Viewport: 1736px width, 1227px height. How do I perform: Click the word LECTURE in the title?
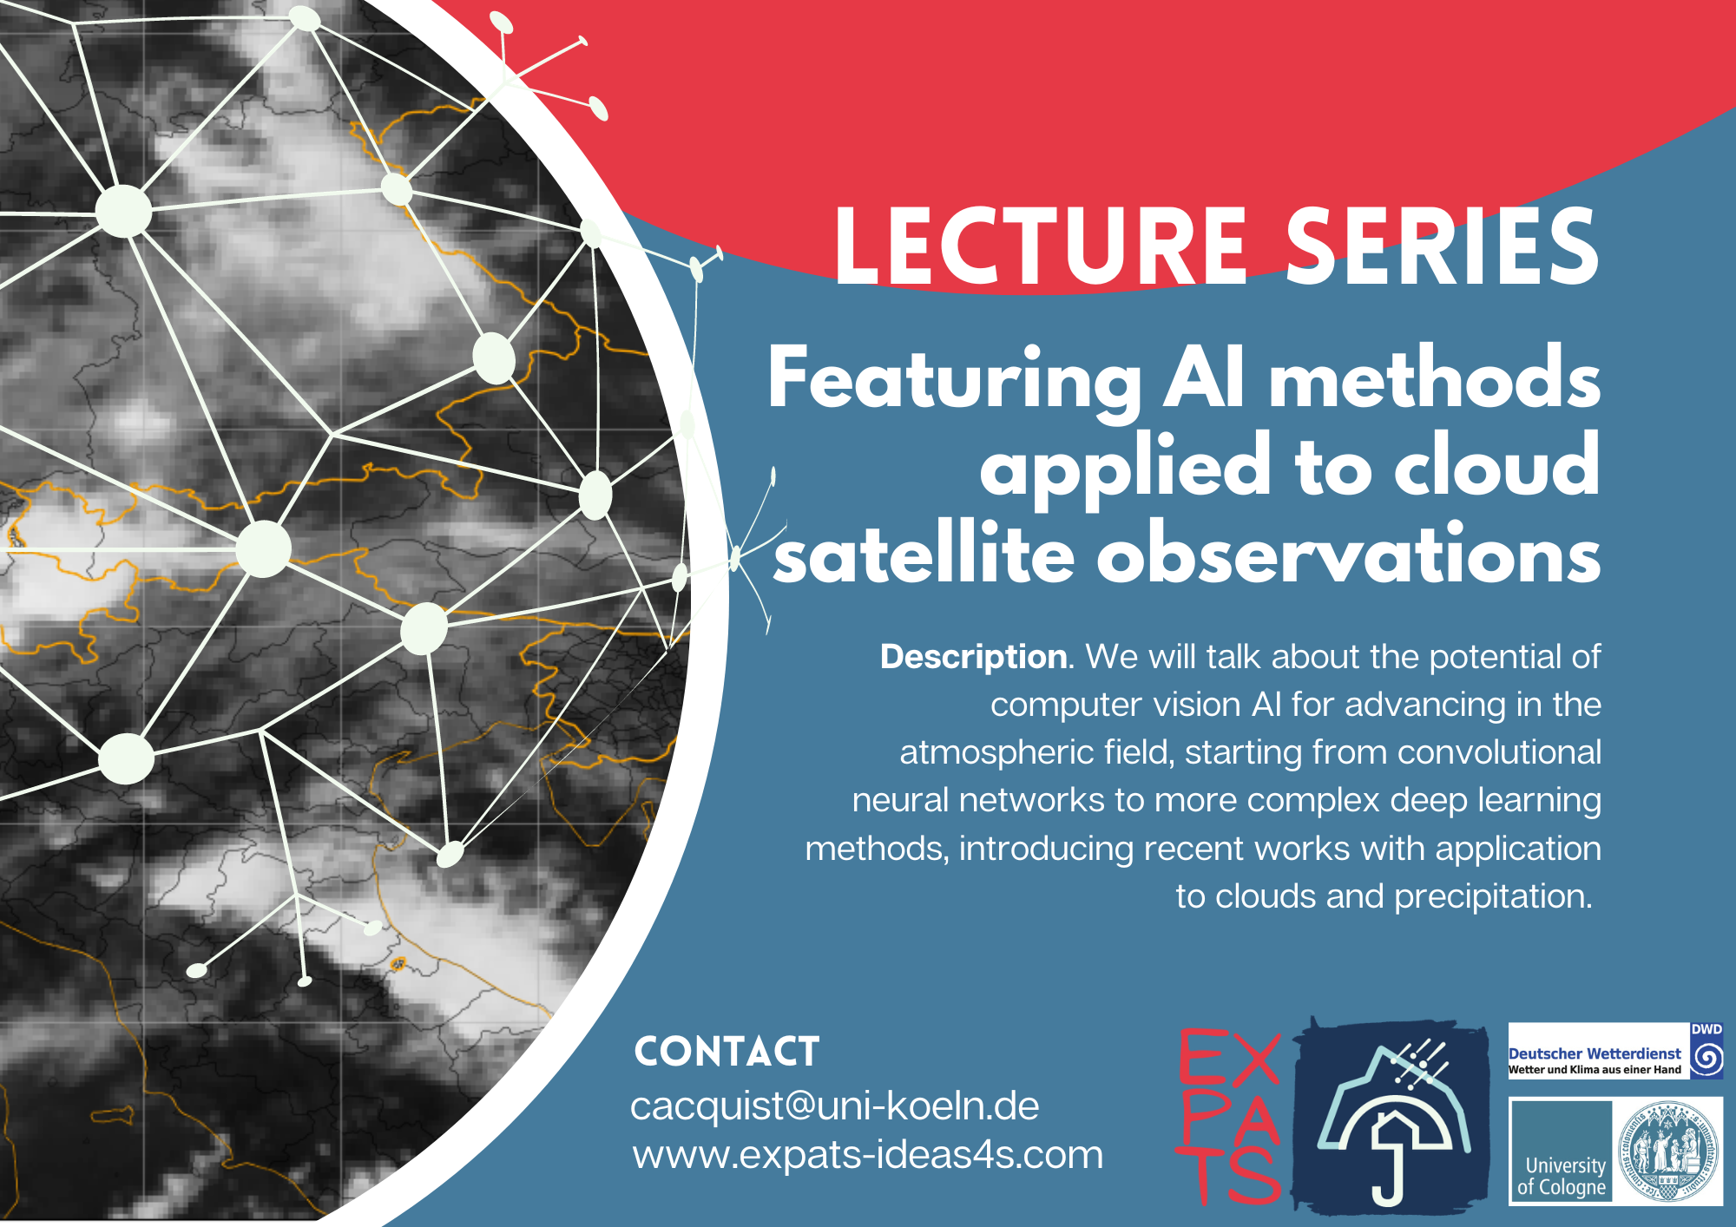(1041, 246)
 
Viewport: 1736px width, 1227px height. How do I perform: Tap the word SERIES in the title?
(1442, 246)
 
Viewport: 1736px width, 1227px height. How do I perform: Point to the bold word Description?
(974, 657)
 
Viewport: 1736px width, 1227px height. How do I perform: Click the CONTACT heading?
(727, 1052)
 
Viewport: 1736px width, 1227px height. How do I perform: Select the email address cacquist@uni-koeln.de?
(834, 1106)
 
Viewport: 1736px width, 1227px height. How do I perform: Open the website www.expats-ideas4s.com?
(867, 1155)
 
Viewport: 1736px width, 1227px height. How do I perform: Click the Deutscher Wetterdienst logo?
(1615, 1050)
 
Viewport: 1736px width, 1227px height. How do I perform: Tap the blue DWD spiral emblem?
(1707, 1058)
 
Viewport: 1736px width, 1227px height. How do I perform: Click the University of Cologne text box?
(1561, 1151)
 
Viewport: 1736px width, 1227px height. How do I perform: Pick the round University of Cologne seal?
(1667, 1152)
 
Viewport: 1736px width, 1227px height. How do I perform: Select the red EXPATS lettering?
(1228, 1116)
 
